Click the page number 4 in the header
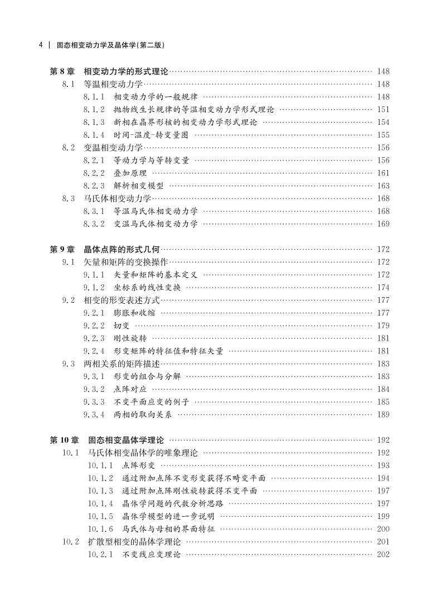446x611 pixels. (x=41, y=45)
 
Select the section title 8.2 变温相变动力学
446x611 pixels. (x=103, y=147)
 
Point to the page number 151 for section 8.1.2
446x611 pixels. (x=383, y=109)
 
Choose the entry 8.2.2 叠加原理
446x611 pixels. (x=115, y=173)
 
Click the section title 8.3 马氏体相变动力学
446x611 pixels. (x=106, y=198)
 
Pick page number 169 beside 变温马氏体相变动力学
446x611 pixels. (x=383, y=224)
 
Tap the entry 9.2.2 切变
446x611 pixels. (x=106, y=325)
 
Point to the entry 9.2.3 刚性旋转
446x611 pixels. (x=115, y=338)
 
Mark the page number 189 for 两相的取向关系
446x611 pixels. (x=383, y=414)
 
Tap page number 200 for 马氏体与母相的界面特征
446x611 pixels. (x=383, y=528)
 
